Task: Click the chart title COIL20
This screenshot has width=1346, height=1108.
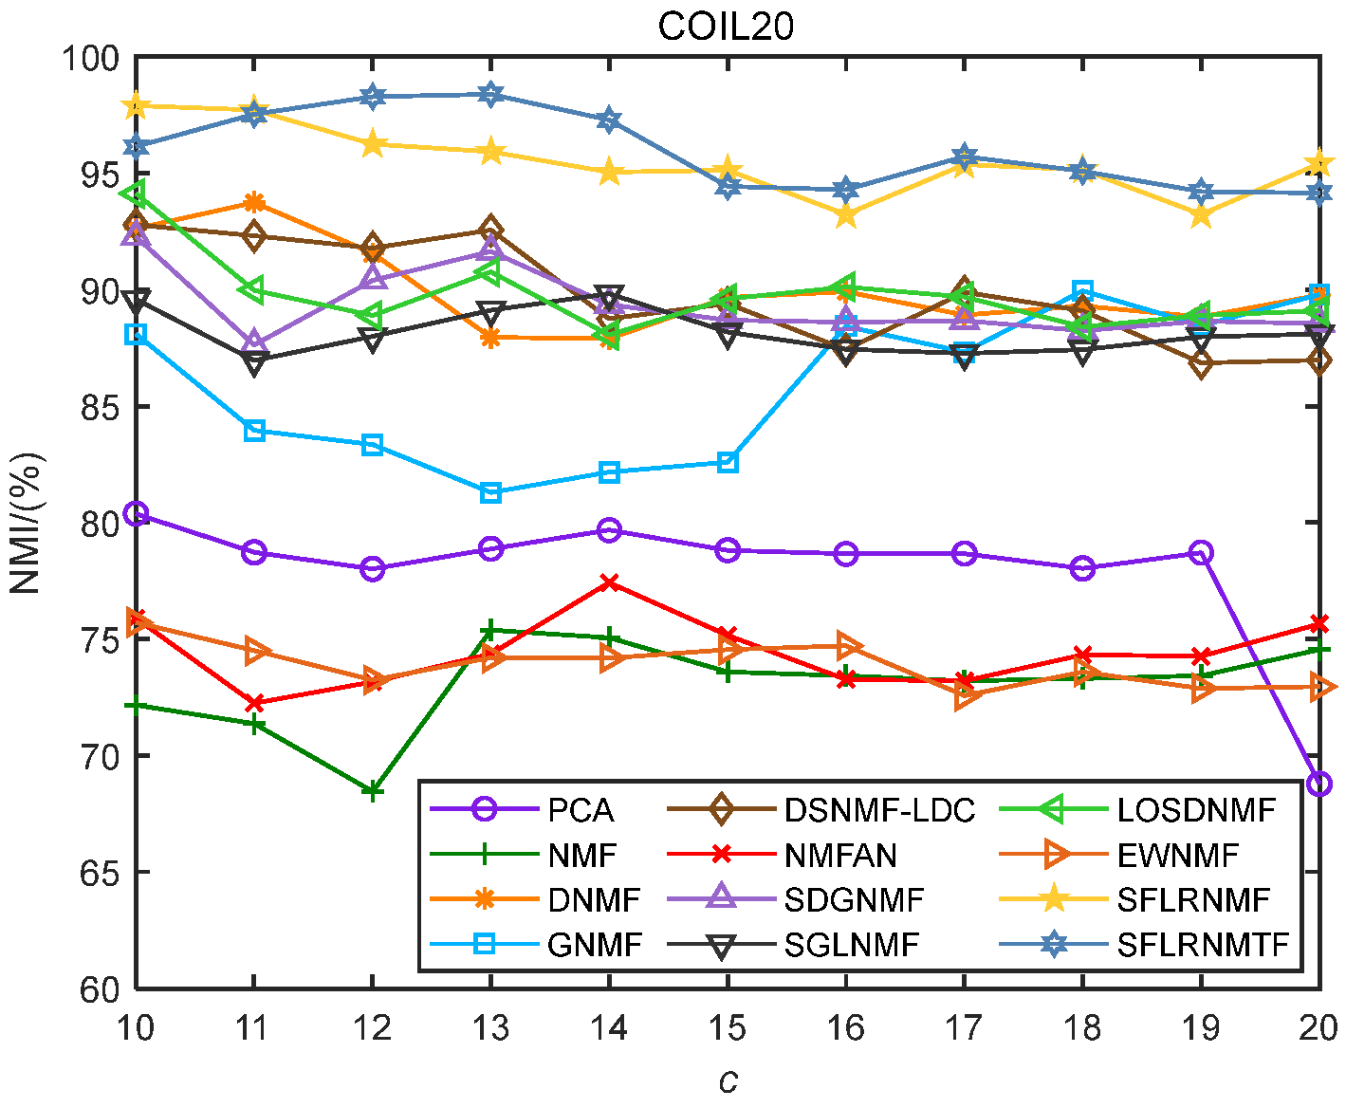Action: (726, 26)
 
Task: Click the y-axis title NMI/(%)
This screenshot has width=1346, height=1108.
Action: (26, 523)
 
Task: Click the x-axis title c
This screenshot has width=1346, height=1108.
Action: (727, 1080)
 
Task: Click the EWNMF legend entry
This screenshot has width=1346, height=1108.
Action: (1177, 856)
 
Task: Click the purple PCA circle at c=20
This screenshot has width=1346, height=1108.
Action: (1318, 784)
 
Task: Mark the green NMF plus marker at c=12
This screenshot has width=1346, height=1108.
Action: (373, 790)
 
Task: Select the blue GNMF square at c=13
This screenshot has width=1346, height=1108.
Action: (490, 492)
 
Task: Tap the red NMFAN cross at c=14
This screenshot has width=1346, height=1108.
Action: (609, 582)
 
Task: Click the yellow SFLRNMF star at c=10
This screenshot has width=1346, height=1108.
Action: (136, 105)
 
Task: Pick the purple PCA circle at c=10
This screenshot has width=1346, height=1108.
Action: (136, 513)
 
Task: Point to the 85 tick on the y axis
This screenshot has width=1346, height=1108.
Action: (96, 407)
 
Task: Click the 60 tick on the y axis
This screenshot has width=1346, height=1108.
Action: (96, 988)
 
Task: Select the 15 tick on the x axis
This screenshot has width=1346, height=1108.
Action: (727, 1027)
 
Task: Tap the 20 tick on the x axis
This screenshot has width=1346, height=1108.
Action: (1318, 1027)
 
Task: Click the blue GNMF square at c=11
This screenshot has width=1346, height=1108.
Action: (254, 431)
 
